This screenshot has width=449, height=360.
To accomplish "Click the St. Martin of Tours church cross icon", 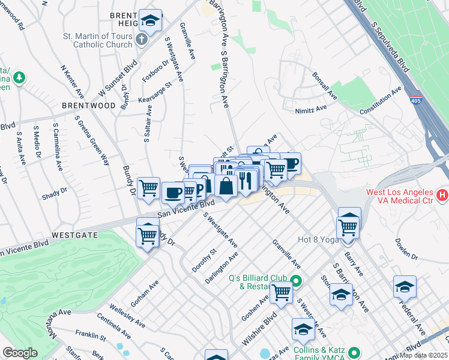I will click(x=142, y=40).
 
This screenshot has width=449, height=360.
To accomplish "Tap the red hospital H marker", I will click(x=442, y=195).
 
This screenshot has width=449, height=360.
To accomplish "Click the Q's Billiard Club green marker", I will click(x=295, y=280).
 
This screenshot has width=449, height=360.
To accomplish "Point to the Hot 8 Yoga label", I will click(x=318, y=240).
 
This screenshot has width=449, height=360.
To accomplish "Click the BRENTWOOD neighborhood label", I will click(x=88, y=105).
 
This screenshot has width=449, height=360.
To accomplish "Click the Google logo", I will click(x=20, y=353).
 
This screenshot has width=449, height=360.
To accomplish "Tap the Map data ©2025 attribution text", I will click(x=423, y=355).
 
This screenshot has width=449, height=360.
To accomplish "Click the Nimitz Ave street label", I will click(x=310, y=109).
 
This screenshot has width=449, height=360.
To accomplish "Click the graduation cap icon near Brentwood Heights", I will click(x=150, y=20).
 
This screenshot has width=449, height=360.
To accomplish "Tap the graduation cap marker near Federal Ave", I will click(x=405, y=287).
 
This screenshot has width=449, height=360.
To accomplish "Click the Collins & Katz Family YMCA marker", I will click(x=355, y=352).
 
